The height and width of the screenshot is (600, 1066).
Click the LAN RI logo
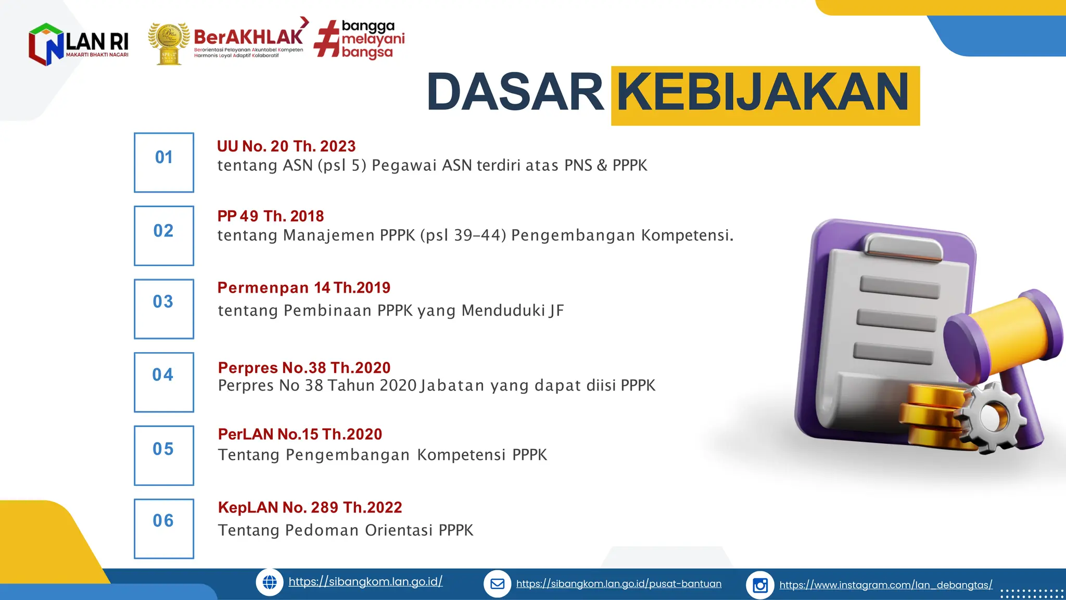[78, 44]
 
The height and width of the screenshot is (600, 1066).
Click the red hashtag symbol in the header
[327, 39]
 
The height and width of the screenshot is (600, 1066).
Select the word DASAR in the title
[515, 93]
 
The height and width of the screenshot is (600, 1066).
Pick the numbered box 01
[164, 162]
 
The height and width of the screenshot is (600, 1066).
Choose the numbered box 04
[164, 382]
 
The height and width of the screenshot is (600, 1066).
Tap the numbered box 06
[164, 529]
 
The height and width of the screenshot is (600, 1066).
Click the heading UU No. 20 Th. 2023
[286, 146]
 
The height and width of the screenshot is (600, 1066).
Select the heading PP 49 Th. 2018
[271, 216]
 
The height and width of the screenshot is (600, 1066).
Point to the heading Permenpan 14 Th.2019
[304, 287]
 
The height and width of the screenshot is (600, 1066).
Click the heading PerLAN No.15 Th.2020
[300, 434]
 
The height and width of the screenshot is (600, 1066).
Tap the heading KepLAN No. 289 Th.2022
[310, 507]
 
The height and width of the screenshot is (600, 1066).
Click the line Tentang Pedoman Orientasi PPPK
[346, 530]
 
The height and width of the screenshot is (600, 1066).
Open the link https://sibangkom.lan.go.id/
[365, 582]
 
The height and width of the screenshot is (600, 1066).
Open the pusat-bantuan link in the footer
[618, 584]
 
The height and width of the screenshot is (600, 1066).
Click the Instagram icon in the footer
[760, 585]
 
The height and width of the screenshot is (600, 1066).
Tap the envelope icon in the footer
[497, 584]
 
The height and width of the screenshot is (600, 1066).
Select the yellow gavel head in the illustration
[1005, 333]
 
